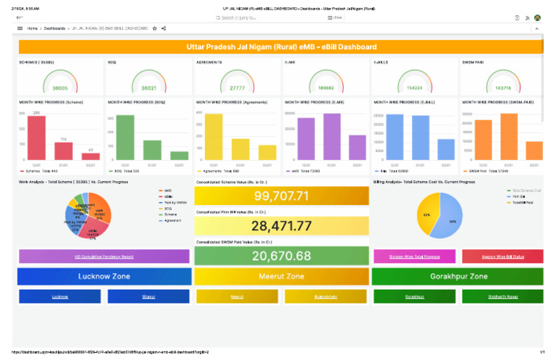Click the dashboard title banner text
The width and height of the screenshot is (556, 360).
pyautogui.click(x=281, y=46)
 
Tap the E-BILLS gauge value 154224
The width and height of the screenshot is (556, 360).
pyautogui.click(x=413, y=88)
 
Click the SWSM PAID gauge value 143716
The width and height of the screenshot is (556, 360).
pyautogui.click(x=502, y=88)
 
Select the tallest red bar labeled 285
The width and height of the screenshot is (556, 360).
pyautogui.click(x=36, y=138)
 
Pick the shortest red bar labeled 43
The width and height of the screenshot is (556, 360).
pyautogui.click(x=90, y=156)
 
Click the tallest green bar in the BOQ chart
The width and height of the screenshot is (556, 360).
pyautogui.click(x=125, y=138)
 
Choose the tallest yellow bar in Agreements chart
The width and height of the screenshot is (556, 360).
pyautogui.click(x=214, y=138)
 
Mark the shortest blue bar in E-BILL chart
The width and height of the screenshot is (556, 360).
pyautogui.click(x=446, y=150)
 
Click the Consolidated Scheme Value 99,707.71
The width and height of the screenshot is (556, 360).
pyautogui.click(x=281, y=196)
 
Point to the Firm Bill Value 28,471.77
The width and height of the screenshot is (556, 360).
pyautogui.click(x=281, y=226)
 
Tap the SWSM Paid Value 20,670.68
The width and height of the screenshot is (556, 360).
pyautogui.click(x=281, y=256)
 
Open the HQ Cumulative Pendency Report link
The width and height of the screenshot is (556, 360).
pyautogui.click(x=104, y=256)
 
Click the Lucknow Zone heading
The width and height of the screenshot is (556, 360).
pyautogui.click(x=104, y=276)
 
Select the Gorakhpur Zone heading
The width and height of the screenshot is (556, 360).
pyautogui.click(x=457, y=276)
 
